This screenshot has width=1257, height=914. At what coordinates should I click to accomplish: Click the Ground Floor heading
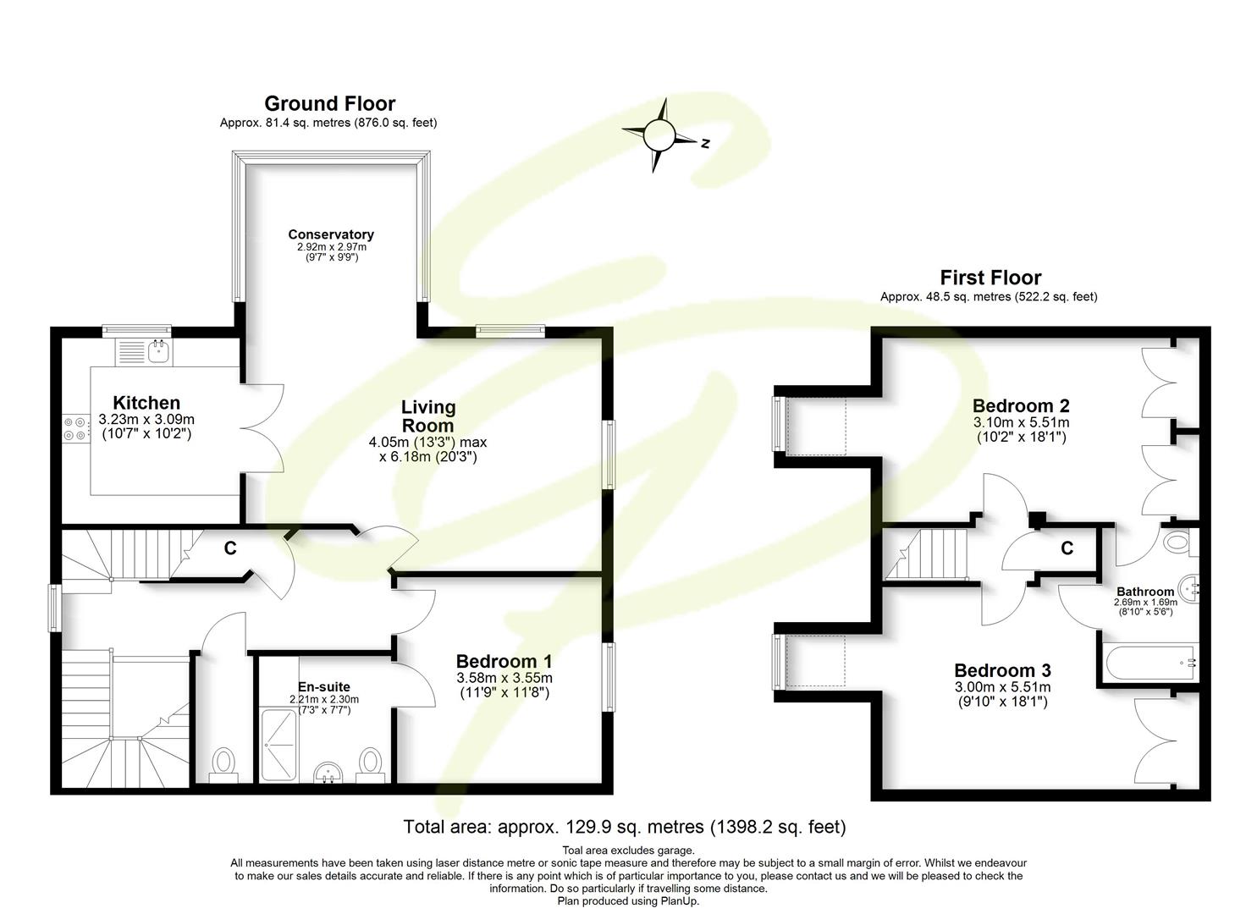pyautogui.click(x=329, y=103)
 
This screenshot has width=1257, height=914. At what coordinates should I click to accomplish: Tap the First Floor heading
pyautogui.click(x=990, y=278)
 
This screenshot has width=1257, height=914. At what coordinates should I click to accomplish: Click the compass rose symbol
pyautogui.click(x=659, y=135)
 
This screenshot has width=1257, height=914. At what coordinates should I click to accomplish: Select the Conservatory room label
pyautogui.click(x=330, y=234)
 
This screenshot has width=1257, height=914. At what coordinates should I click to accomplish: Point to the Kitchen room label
pyautogui.click(x=146, y=403)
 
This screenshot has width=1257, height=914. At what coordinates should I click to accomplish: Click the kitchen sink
pyautogui.click(x=157, y=350)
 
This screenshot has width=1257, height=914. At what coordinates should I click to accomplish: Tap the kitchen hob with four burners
pyautogui.click(x=75, y=428)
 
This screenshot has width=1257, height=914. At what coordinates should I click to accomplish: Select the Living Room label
pyautogui.click(x=427, y=416)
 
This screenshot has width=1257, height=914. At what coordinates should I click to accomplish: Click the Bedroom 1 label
pyautogui.click(x=504, y=661)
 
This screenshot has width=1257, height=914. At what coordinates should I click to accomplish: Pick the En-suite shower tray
pyautogui.click(x=278, y=745)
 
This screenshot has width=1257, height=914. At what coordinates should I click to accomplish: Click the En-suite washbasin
pyautogui.click(x=329, y=772)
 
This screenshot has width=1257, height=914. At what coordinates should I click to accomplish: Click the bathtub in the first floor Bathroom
pyautogui.click(x=1148, y=662)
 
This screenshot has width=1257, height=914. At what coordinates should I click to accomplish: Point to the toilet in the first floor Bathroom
pyautogui.click(x=1177, y=542)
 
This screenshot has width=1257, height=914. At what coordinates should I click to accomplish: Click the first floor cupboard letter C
pyautogui.click(x=1067, y=548)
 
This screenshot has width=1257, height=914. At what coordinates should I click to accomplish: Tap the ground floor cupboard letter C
pyautogui.click(x=229, y=548)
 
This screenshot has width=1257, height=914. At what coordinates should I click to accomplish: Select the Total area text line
pyautogui.click(x=625, y=827)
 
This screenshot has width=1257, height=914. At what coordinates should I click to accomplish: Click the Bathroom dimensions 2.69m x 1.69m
pyautogui.click(x=1144, y=603)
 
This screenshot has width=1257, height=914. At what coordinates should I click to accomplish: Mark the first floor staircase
pyautogui.click(x=928, y=553)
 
